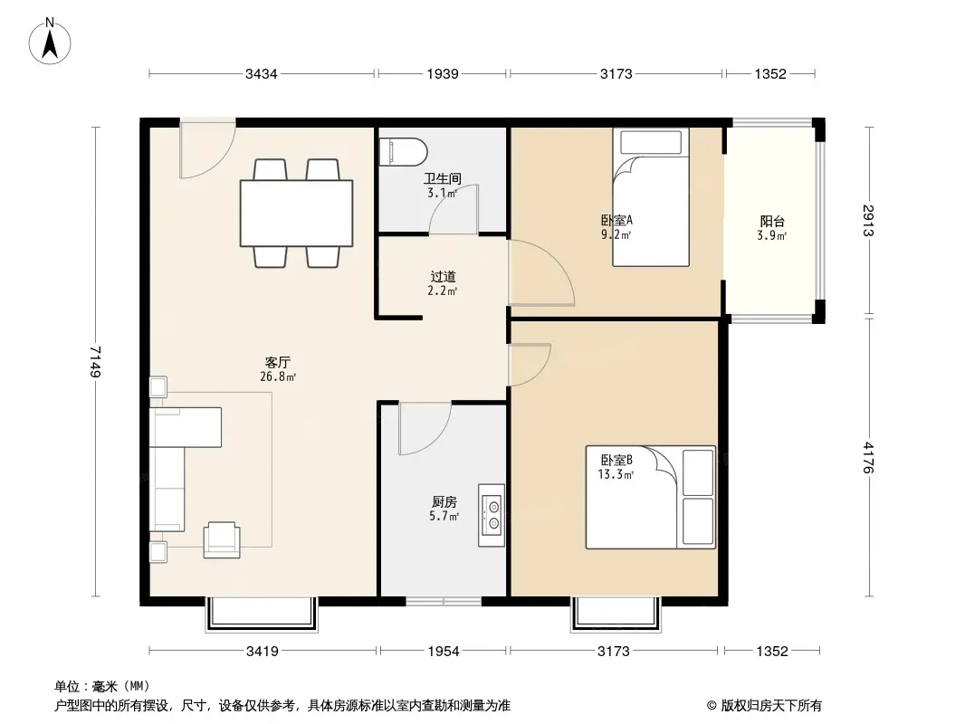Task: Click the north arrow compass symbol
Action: pos(50,42)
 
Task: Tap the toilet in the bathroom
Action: pos(403,152)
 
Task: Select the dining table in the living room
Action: pos(296,213)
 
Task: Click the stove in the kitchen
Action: pos(492,516)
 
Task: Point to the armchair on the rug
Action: pos(222,539)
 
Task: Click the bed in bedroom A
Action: pos(651,197)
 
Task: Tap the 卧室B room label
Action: pos(616,460)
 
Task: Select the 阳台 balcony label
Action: pos(772,222)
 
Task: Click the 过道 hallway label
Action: pos(443,277)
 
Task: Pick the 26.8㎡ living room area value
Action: pos(278,376)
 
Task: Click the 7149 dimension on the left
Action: pos(95,362)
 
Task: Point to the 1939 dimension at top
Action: pos(443,74)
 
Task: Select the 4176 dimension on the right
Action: pos(868,457)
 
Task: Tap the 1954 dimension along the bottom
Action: pos(443,651)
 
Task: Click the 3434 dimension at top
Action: pos(261,74)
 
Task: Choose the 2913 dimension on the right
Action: pos(868,220)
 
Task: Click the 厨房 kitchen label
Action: pos(444,502)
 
